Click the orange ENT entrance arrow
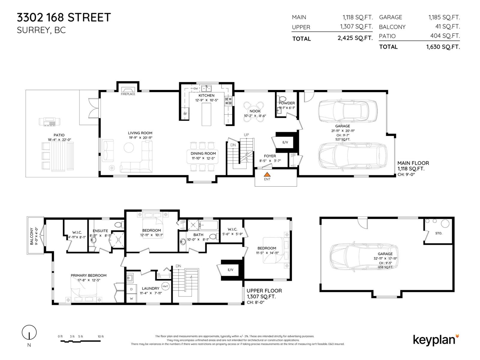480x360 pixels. coord(267,174)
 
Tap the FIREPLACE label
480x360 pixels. coord(128,94)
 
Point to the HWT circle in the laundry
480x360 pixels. coord(165,286)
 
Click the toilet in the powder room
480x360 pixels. coord(283,98)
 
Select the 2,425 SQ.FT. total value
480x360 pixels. coord(355,38)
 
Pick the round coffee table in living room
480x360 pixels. coord(129,147)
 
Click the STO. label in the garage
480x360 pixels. coord(438,233)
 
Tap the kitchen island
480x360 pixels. coord(206,114)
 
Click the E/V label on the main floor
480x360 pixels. coord(285,142)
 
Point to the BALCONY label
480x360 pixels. coord(32,236)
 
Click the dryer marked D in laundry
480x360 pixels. coord(131,289)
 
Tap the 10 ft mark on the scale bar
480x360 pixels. coord(100,337)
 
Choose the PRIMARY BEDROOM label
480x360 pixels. coord(88,275)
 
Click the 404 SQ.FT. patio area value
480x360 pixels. coord(445,36)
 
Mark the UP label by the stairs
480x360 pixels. coord(246,135)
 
